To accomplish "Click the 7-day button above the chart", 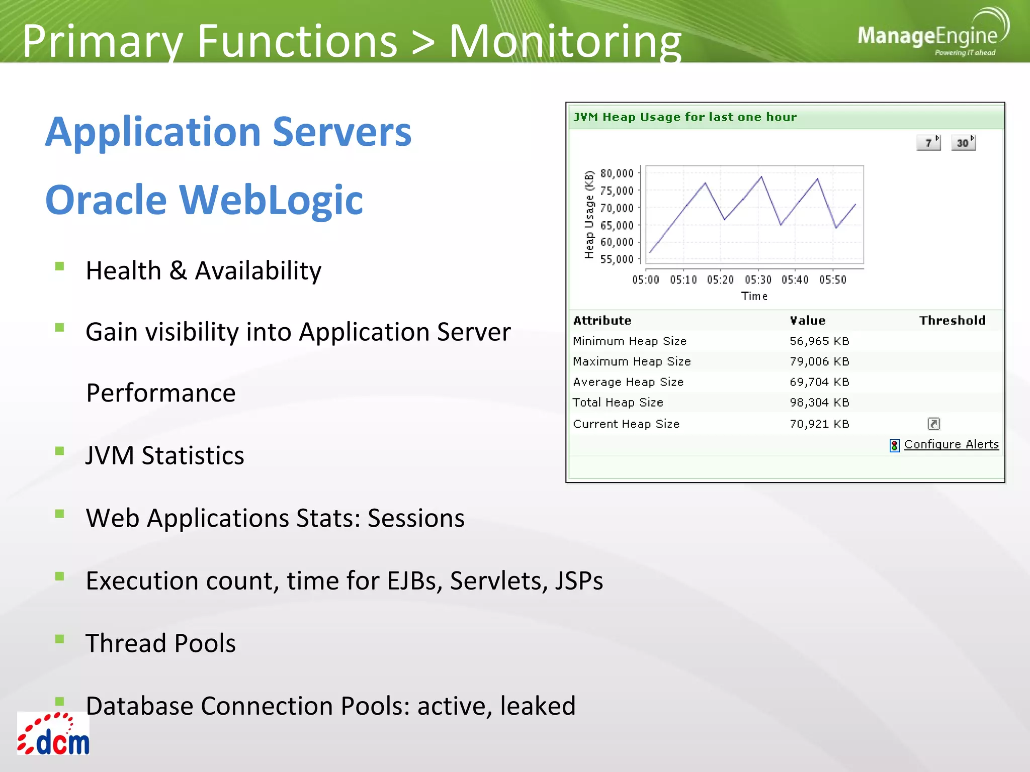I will click(928, 143).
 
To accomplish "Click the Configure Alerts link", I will click(951, 444).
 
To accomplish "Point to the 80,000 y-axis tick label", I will click(617, 173).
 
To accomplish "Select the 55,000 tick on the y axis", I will click(617, 259).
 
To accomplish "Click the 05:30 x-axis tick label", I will click(758, 280).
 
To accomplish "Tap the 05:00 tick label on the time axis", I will click(645, 280).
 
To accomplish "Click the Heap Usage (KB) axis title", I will click(589, 215).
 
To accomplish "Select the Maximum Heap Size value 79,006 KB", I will click(819, 361).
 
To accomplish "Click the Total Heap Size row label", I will click(618, 403).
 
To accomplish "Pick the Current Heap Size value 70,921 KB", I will click(819, 424).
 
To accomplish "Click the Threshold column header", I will click(952, 321).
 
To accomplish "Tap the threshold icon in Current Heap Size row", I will click(933, 424).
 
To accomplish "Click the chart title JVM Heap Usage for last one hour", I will click(685, 117).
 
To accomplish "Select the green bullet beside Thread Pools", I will click(60, 639).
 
